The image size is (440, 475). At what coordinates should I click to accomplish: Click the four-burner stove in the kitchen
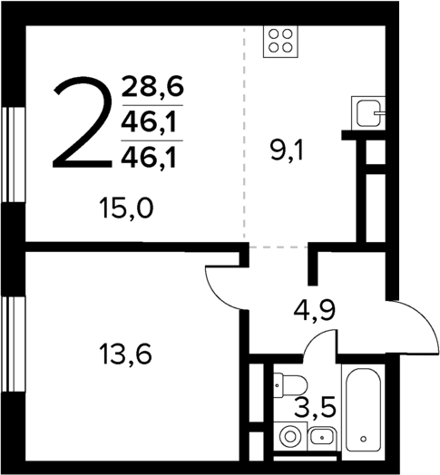click(280, 41)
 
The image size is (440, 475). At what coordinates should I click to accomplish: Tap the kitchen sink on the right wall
click(368, 114)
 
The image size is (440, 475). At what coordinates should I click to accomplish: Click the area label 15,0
click(127, 210)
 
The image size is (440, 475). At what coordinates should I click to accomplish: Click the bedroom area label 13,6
click(123, 351)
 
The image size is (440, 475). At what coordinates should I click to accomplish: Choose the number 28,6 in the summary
click(152, 88)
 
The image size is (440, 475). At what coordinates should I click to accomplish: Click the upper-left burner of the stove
click(273, 34)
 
